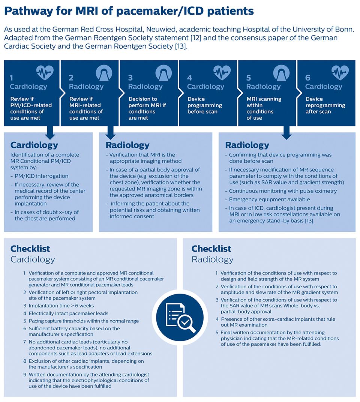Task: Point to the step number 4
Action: [x=189, y=78]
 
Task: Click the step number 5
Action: [x=248, y=78]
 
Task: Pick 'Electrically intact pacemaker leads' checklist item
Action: [x=69, y=313]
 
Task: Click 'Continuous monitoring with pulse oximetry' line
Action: [x=283, y=191]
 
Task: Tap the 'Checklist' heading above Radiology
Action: [x=211, y=249]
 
